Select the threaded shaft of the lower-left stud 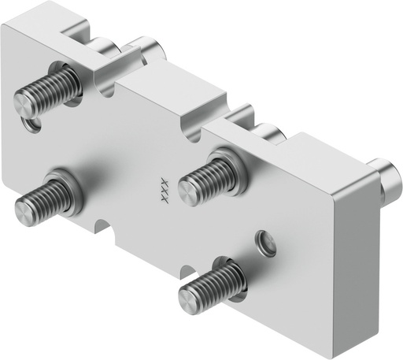click(47, 198)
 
